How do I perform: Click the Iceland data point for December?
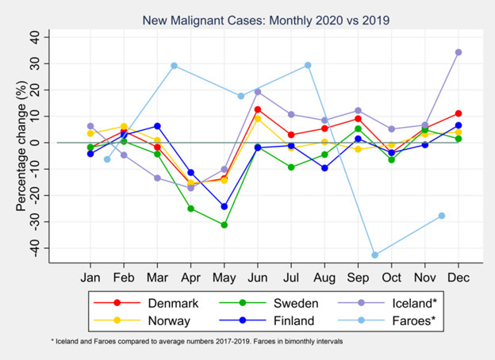[459, 52]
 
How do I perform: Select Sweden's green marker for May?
[224, 225]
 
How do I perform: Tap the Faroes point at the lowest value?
[374, 255]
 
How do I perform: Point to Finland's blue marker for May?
[224, 206]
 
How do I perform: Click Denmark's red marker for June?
[258, 109]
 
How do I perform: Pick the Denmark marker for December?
[459, 113]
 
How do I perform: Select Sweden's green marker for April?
[191, 209]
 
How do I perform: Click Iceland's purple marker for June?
[258, 92]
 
